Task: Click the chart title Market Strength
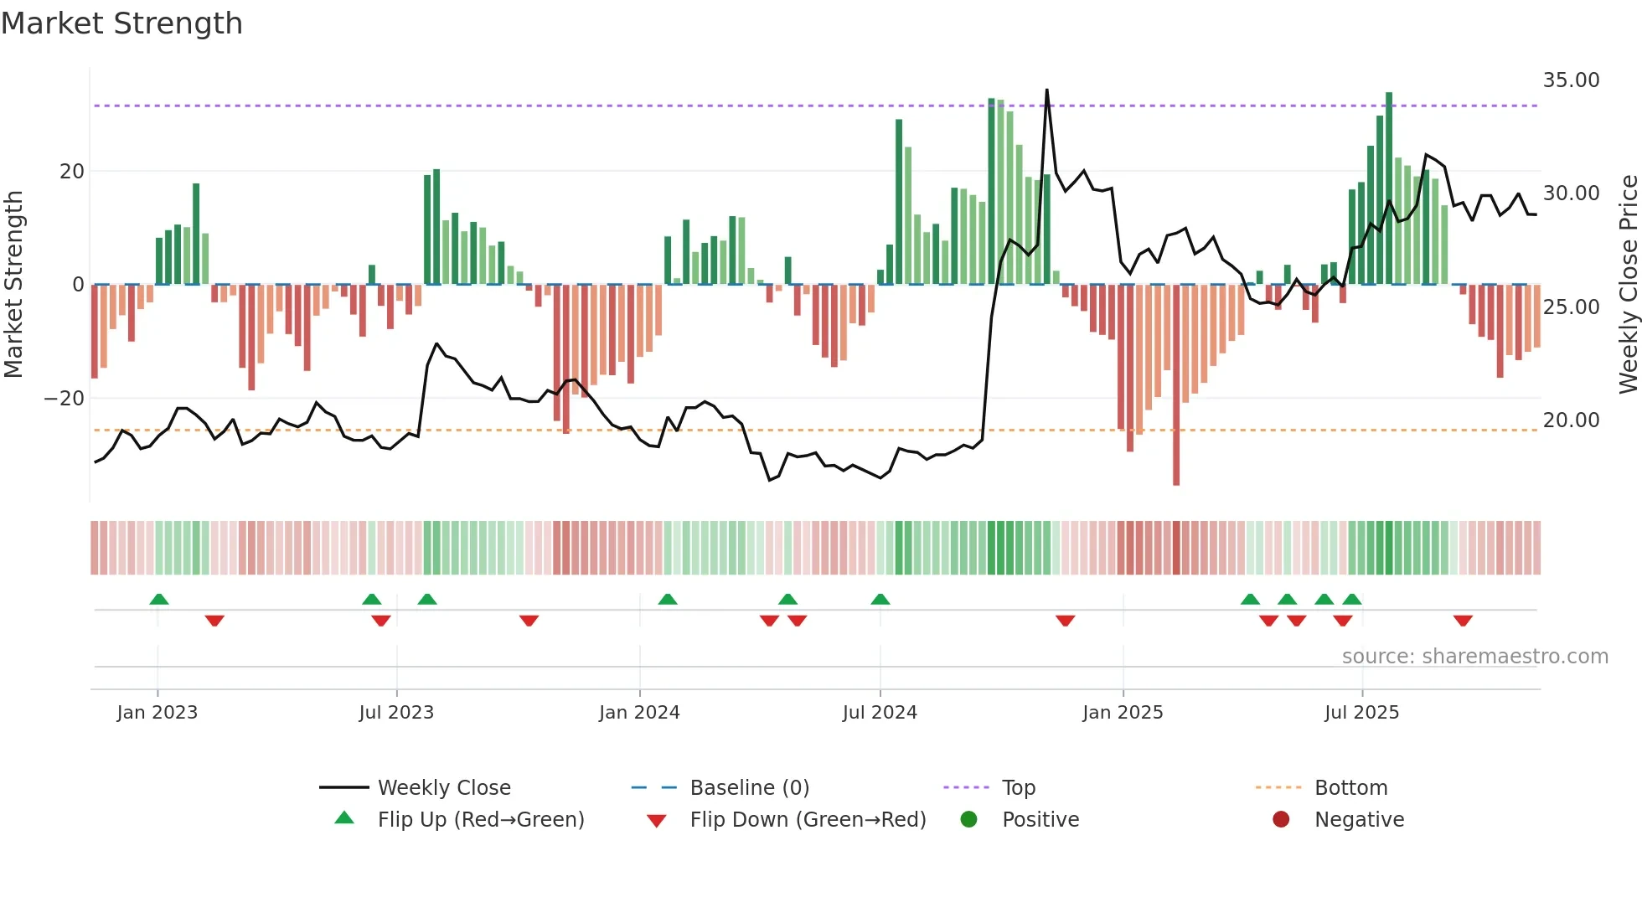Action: (121, 23)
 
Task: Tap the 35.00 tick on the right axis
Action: (1571, 80)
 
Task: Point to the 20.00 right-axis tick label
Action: (1571, 420)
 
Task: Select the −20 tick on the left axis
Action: (65, 399)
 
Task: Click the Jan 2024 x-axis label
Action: (639, 713)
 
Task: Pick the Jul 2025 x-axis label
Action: (1361, 713)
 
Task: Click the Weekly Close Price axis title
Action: (1627, 285)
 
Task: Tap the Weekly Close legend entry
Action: (443, 788)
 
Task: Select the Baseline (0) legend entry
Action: (749, 788)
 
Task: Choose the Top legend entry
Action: (1018, 788)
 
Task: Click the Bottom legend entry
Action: (1350, 788)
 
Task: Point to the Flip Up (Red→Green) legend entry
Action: (480, 820)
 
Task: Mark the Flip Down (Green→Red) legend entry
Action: (808, 820)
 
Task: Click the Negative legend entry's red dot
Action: (1281, 820)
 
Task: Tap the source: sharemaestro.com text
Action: (1474, 657)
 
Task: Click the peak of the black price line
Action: (1046, 90)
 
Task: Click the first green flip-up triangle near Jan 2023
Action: (159, 599)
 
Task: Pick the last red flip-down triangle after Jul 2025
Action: (1463, 621)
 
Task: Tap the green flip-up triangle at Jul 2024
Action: (880, 599)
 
